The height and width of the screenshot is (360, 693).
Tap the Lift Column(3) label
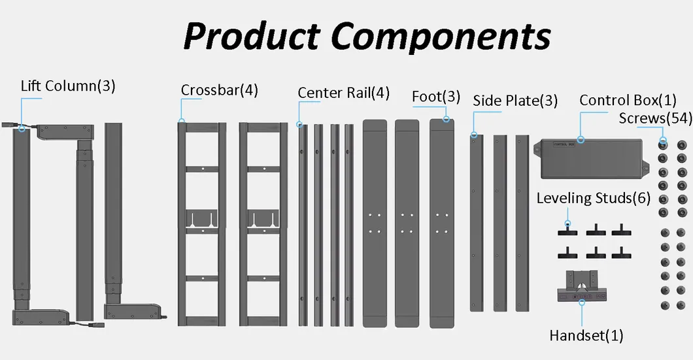pos(68,86)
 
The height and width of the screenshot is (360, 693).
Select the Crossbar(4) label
pos(219,90)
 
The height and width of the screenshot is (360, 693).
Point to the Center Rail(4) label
pos(343,93)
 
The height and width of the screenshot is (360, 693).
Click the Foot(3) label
pos(436,97)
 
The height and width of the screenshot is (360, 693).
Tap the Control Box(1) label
pos(628,100)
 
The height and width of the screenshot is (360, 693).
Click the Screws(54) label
pos(654,118)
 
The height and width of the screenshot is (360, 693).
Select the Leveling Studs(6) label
pos(593,197)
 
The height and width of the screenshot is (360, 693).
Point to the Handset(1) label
pos(586,336)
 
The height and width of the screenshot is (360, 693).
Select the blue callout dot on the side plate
pos(474,135)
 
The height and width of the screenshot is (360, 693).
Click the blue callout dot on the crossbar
pos(182,120)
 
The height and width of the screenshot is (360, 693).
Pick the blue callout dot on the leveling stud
pos(567,223)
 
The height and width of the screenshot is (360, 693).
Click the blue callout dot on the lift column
pos(22,128)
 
